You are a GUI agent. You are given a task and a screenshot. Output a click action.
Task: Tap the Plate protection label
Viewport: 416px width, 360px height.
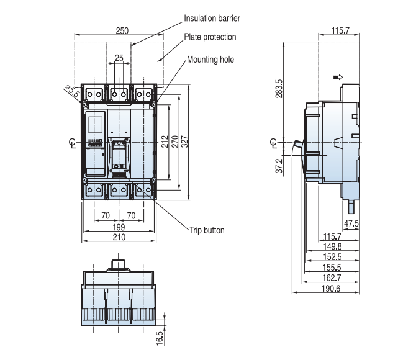(x=210, y=37)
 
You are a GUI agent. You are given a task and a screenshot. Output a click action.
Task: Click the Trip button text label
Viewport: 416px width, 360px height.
(x=207, y=230)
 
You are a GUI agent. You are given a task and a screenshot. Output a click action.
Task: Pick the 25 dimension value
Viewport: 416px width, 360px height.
(x=119, y=58)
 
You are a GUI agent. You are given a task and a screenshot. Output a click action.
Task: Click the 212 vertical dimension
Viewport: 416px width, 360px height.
(x=164, y=142)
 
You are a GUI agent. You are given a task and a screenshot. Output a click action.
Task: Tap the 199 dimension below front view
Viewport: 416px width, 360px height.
(x=119, y=227)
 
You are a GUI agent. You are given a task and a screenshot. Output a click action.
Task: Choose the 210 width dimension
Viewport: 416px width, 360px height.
(x=119, y=237)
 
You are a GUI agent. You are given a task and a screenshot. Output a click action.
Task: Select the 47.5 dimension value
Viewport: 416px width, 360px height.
(x=351, y=223)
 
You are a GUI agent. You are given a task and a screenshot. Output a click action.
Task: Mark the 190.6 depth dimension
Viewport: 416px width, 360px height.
(x=332, y=288)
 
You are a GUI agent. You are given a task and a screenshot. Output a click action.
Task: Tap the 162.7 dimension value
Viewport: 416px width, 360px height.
(x=332, y=277)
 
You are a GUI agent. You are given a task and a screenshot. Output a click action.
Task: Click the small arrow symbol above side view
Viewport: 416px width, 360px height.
(x=338, y=78)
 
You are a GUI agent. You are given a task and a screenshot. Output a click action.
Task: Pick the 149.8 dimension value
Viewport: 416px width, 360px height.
(x=332, y=246)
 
